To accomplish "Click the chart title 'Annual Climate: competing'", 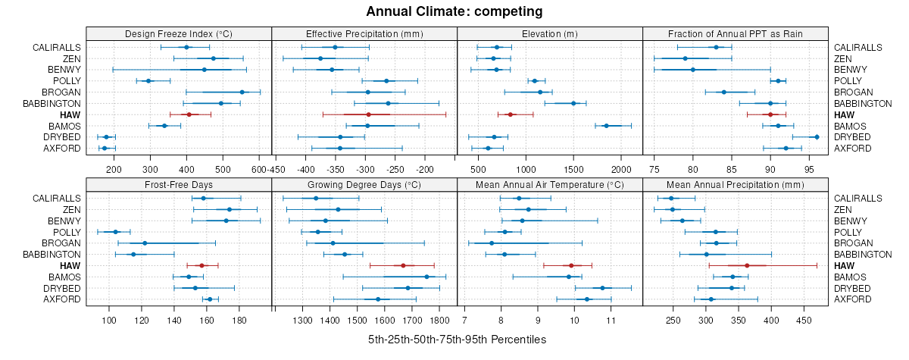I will click(x=454, y=11).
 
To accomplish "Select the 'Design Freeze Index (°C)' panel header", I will click(x=179, y=33).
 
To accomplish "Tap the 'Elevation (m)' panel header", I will click(x=550, y=33).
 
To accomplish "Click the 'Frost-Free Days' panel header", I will click(x=179, y=184).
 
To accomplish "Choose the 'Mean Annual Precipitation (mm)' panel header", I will click(x=736, y=184).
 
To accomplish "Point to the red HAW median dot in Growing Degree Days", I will click(x=403, y=265).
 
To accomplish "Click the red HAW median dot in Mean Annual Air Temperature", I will click(x=571, y=265).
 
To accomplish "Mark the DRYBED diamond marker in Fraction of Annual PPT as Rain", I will click(x=817, y=136).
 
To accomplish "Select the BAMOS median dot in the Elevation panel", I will click(x=606, y=126).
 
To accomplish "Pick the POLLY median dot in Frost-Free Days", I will click(x=116, y=232).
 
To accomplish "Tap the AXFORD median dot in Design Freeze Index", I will click(x=105, y=148).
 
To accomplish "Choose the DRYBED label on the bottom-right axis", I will click(x=850, y=288).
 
